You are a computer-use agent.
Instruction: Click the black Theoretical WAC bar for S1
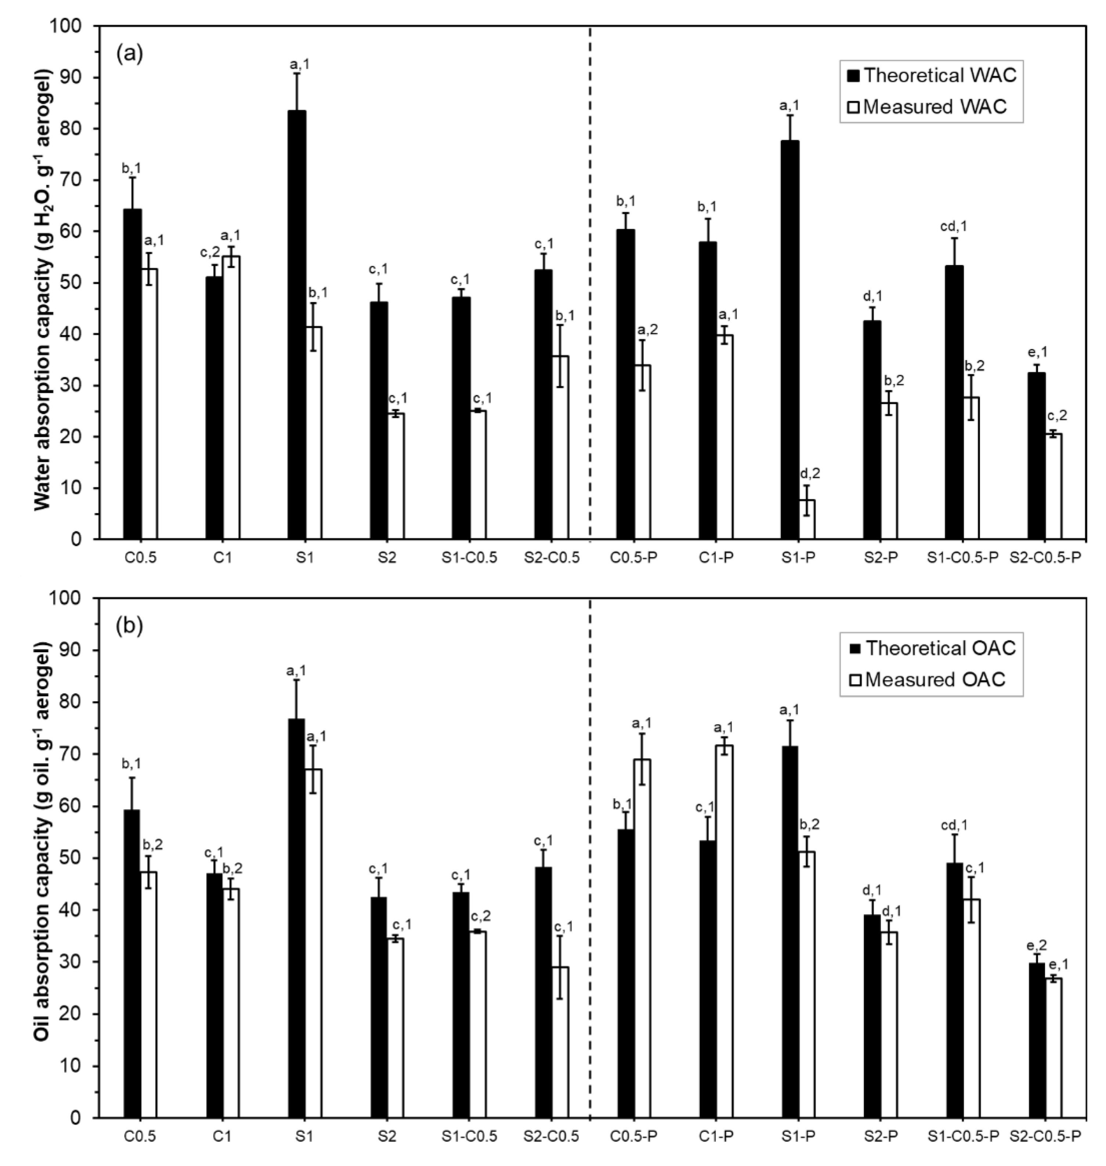click(x=296, y=324)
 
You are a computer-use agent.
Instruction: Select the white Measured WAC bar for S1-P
click(x=807, y=519)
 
